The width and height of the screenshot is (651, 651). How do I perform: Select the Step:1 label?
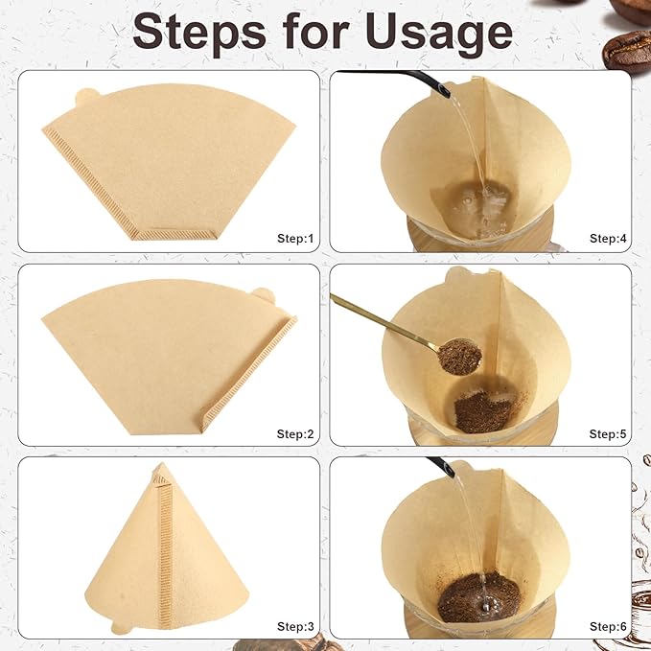[x=295, y=238]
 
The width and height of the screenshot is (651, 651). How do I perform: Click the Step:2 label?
[x=295, y=433]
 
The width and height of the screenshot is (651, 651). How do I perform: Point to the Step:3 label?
[x=295, y=626]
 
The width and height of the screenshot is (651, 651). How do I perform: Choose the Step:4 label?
[x=608, y=238]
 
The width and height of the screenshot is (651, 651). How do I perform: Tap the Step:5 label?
[x=608, y=433]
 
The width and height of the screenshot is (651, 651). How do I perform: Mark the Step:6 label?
[x=608, y=626]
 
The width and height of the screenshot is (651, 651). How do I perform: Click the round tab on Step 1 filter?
[x=85, y=97]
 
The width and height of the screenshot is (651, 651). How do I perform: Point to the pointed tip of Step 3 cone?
[x=161, y=468]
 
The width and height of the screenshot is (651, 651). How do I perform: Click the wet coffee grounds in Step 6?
[x=479, y=596]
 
